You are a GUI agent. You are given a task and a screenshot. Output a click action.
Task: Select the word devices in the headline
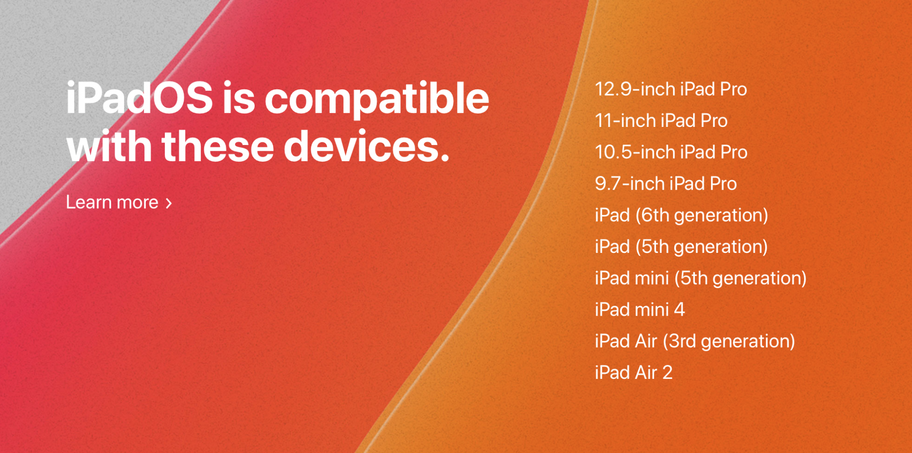tap(367, 146)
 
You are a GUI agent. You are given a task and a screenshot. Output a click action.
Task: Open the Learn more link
tap(119, 202)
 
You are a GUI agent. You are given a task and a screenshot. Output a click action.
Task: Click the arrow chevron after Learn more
tap(169, 203)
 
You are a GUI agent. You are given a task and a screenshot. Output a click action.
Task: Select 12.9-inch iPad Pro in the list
tap(671, 89)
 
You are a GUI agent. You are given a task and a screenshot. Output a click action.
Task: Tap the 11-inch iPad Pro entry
tap(661, 121)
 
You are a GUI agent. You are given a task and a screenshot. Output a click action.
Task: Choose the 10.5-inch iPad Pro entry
tap(671, 152)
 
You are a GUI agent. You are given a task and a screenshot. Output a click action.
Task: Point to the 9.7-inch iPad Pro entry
tap(666, 183)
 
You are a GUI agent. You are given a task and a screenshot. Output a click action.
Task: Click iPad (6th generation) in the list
tap(682, 215)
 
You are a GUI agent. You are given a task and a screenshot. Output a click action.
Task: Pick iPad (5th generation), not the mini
tap(682, 247)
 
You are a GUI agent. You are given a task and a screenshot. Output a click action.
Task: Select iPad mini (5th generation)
tap(701, 278)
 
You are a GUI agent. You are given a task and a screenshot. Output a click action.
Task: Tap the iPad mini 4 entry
tap(640, 309)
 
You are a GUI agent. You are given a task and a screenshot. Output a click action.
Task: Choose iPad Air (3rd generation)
tap(695, 341)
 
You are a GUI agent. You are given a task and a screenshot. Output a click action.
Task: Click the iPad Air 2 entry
tap(634, 373)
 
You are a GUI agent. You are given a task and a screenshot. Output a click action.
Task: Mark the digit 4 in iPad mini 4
tap(679, 310)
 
